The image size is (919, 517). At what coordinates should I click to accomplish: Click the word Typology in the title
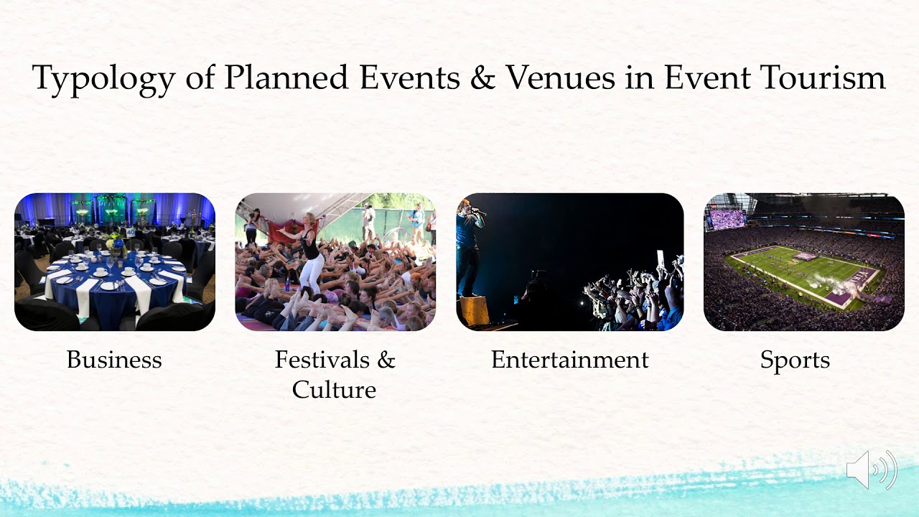click(102, 78)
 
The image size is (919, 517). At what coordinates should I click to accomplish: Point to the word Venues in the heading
click(560, 77)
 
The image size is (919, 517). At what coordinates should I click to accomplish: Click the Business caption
click(114, 360)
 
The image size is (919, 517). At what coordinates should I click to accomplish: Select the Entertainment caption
click(569, 360)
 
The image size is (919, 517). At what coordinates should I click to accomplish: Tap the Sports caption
click(795, 360)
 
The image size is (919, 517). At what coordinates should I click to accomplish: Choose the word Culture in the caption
click(334, 390)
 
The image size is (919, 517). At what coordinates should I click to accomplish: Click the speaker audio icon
click(871, 470)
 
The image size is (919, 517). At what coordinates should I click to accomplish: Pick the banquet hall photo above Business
click(115, 262)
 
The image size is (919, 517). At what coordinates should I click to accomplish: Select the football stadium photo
click(803, 262)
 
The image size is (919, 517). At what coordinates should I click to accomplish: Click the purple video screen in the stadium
click(727, 218)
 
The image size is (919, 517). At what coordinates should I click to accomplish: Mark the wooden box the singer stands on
click(473, 310)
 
